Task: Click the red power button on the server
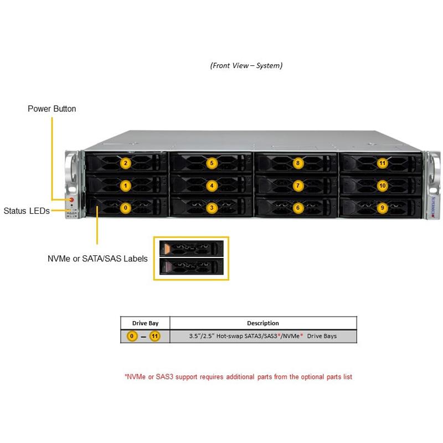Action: tap(71, 200)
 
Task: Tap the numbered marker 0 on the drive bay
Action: tap(126, 208)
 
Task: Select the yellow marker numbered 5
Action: tap(212, 163)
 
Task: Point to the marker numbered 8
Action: tap(298, 163)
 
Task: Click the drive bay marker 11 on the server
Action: tap(382, 163)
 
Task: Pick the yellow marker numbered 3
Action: tap(212, 208)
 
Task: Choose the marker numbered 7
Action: tap(298, 186)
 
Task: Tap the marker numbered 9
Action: tap(382, 208)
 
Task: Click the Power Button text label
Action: tap(52, 109)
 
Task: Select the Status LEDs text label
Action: tap(27, 210)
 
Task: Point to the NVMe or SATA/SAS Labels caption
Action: tap(97, 259)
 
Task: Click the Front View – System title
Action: tap(246, 65)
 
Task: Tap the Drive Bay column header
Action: tap(145, 323)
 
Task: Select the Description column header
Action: tap(263, 323)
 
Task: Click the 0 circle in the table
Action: tap(132, 336)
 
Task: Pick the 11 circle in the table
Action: tap(154, 336)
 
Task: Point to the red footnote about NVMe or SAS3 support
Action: tap(238, 377)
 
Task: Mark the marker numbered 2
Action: tap(126, 163)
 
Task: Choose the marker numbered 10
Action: tap(382, 186)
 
